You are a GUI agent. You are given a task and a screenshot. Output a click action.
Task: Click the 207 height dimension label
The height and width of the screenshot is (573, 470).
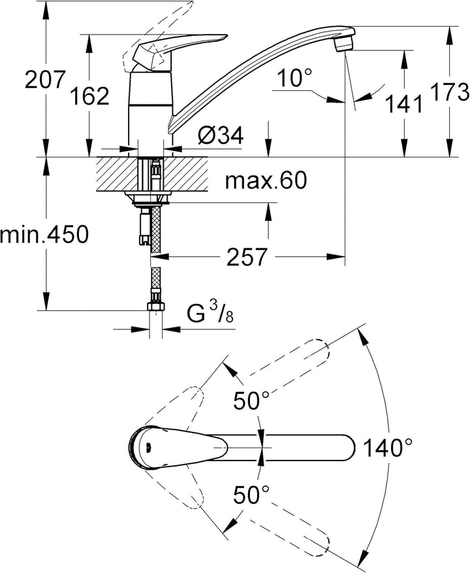tap(44, 81)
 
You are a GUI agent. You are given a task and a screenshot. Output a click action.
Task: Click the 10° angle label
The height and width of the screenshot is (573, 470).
tap(293, 79)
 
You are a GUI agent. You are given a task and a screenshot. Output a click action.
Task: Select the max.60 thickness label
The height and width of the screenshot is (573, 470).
tap(265, 180)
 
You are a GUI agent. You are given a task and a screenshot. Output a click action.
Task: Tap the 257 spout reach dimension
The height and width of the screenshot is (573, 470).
tap(247, 257)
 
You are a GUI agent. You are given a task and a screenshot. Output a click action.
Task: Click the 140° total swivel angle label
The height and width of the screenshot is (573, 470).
tap(388, 448)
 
